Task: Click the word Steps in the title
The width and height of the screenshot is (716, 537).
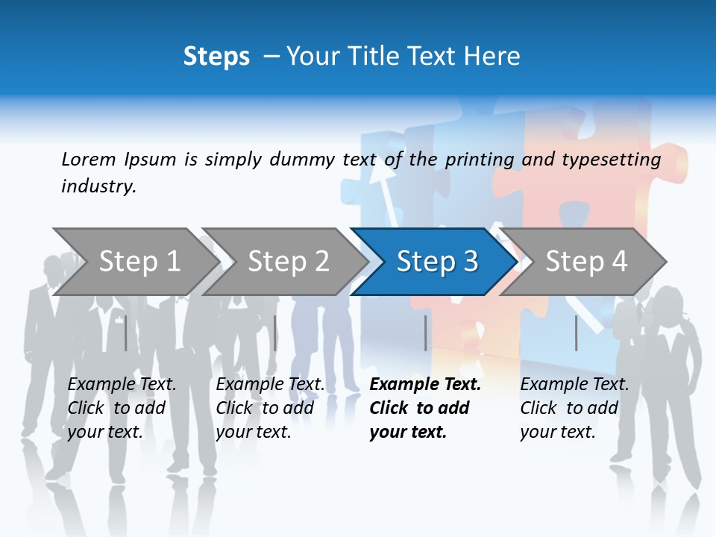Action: pyautogui.click(x=216, y=57)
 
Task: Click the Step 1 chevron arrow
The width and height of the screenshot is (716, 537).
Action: pyautogui.click(x=139, y=261)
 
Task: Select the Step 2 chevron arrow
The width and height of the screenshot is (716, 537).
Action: pyautogui.click(x=288, y=261)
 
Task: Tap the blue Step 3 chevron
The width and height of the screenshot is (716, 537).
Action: pyautogui.click(x=437, y=261)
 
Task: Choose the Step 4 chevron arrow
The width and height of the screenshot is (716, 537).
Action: pyautogui.click(x=586, y=261)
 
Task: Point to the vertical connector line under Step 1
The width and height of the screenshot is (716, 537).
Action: pyautogui.click(x=125, y=333)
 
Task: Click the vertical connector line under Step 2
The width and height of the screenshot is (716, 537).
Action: pyautogui.click(x=275, y=333)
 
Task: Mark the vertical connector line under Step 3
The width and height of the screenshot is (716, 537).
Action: pyautogui.click(x=425, y=333)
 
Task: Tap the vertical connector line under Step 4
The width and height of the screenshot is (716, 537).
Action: pyautogui.click(x=576, y=333)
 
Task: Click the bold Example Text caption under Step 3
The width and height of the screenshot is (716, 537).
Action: pyautogui.click(x=425, y=408)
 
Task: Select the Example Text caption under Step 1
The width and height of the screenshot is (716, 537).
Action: pyautogui.click(x=122, y=408)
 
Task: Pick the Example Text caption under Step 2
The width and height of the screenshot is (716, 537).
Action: pyautogui.click(x=270, y=408)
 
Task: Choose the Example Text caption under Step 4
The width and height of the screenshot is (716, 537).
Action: pyautogui.click(x=574, y=408)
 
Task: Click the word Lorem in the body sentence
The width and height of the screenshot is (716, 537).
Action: pyautogui.click(x=89, y=160)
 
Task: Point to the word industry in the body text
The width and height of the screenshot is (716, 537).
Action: pyautogui.click(x=98, y=186)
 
